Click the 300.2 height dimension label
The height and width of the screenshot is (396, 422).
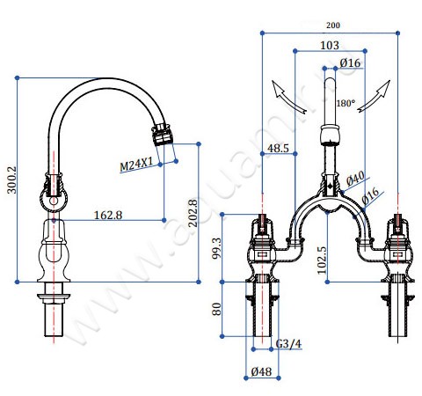(x=12, y=180)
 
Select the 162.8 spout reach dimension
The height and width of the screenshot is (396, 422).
(x=108, y=216)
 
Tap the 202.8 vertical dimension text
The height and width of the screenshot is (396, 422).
(x=193, y=213)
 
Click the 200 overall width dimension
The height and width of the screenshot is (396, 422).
(x=333, y=26)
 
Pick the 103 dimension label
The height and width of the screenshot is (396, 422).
(x=330, y=46)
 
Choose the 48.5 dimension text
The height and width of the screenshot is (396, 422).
(x=278, y=148)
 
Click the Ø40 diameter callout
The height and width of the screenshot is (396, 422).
(x=355, y=179)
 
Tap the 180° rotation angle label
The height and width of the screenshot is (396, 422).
(x=346, y=103)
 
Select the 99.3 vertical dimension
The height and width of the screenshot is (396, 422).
(x=217, y=248)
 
